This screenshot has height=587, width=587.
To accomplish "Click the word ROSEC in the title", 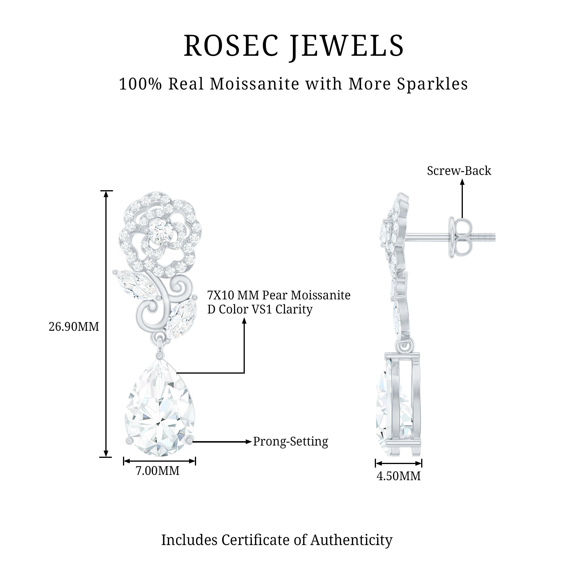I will [231, 46].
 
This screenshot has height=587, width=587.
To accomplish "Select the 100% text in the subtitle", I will [140, 84].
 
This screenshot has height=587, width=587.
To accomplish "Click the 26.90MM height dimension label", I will [74, 327].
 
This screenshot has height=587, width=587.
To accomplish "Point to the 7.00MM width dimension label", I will [157, 471].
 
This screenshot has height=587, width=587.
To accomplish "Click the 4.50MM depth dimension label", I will [398, 476].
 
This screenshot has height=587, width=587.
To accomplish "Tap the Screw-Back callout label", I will [459, 171].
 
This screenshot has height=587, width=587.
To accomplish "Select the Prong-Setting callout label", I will [291, 441].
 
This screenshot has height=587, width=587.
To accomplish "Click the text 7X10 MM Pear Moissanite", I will [279, 295].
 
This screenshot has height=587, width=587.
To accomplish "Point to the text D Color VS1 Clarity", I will [260, 309].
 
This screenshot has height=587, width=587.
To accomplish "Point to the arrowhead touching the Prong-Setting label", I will [249, 441].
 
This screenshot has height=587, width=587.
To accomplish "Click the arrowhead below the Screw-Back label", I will [462, 182].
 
